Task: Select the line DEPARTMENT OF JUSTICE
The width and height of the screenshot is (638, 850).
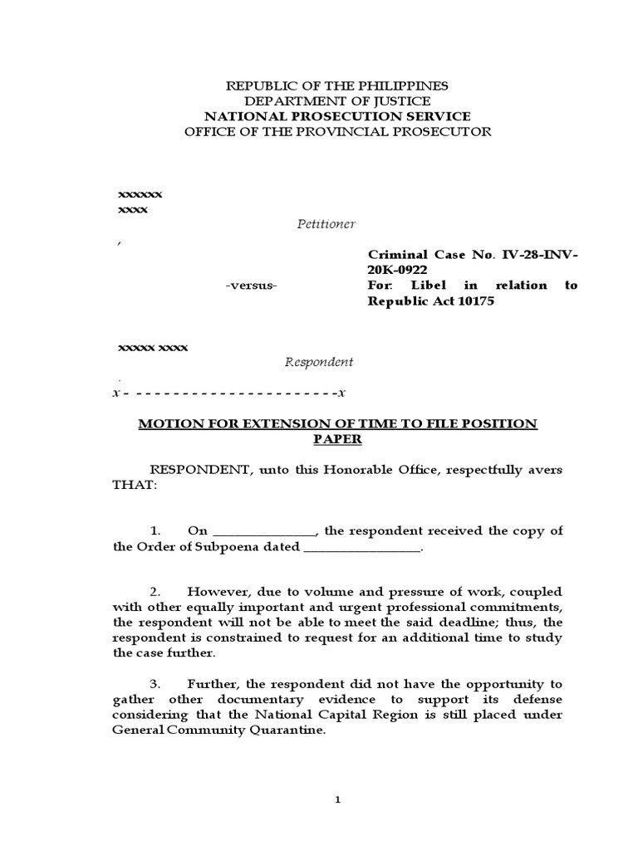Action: click(x=337, y=100)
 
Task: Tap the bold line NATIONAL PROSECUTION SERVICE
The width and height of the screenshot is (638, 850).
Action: click(x=337, y=116)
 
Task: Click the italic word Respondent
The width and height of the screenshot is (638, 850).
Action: click(x=319, y=362)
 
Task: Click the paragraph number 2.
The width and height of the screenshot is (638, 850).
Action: click(x=155, y=592)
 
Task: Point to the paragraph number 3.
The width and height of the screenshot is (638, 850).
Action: click(x=155, y=684)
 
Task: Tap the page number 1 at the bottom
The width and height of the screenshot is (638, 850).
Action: click(x=337, y=799)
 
